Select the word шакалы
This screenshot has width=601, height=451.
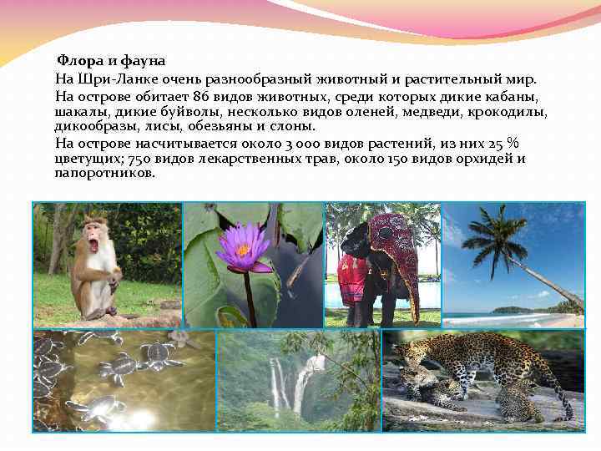tap(79, 112)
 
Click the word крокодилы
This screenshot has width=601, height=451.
tap(508, 112)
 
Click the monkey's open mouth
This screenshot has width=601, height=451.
tap(93, 246)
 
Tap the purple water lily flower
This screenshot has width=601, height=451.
tap(243, 247)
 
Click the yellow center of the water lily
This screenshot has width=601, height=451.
tap(243, 249)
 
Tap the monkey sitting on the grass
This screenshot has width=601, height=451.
tap(93, 267)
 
